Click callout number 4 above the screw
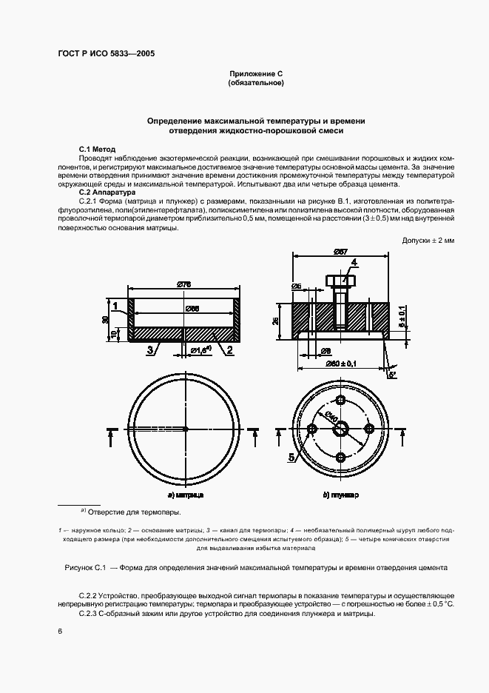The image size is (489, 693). pos(354,262)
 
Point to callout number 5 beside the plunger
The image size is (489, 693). pos(291,458)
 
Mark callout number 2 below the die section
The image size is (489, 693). pos(231,349)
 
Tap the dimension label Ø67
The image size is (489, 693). pos(340,252)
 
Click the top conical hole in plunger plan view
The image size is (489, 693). pos(340,401)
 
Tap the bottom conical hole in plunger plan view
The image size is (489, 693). pos(340,456)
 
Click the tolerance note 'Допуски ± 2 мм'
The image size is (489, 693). pos(428,241)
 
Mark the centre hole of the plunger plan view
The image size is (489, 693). pos(340,428)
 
